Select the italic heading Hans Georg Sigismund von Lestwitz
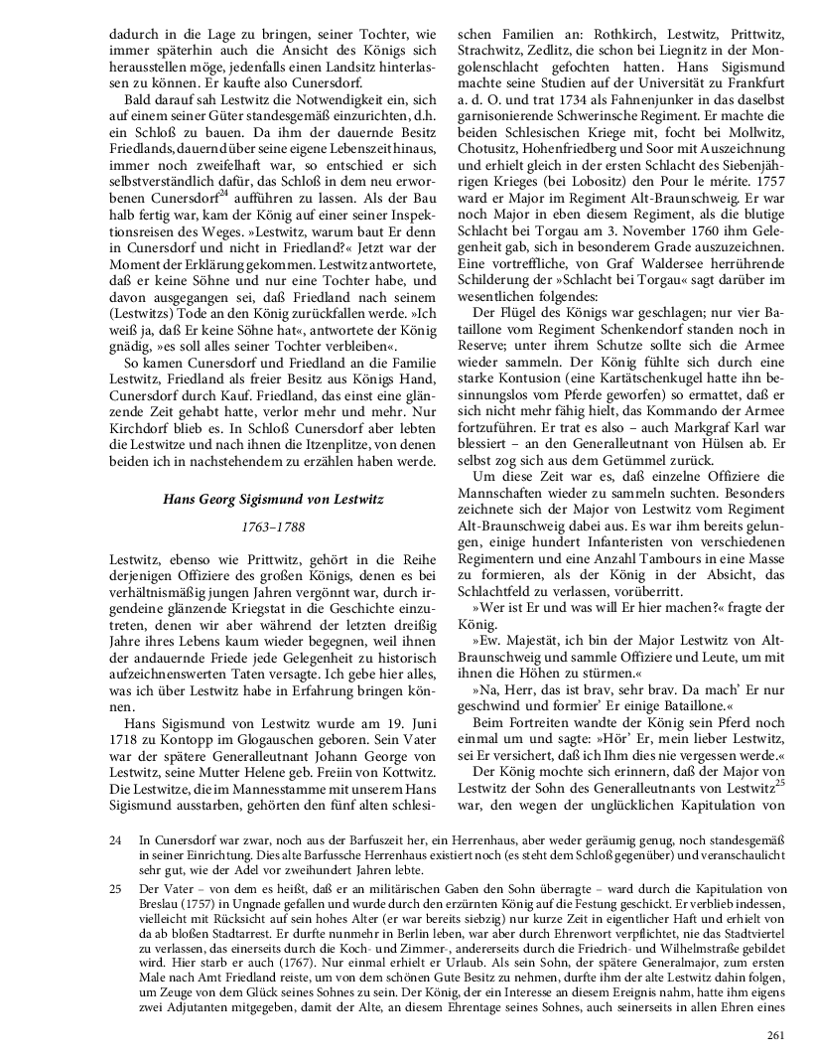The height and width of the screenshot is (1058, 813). [x=273, y=499]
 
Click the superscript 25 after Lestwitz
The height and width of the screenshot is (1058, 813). [x=780, y=754]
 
